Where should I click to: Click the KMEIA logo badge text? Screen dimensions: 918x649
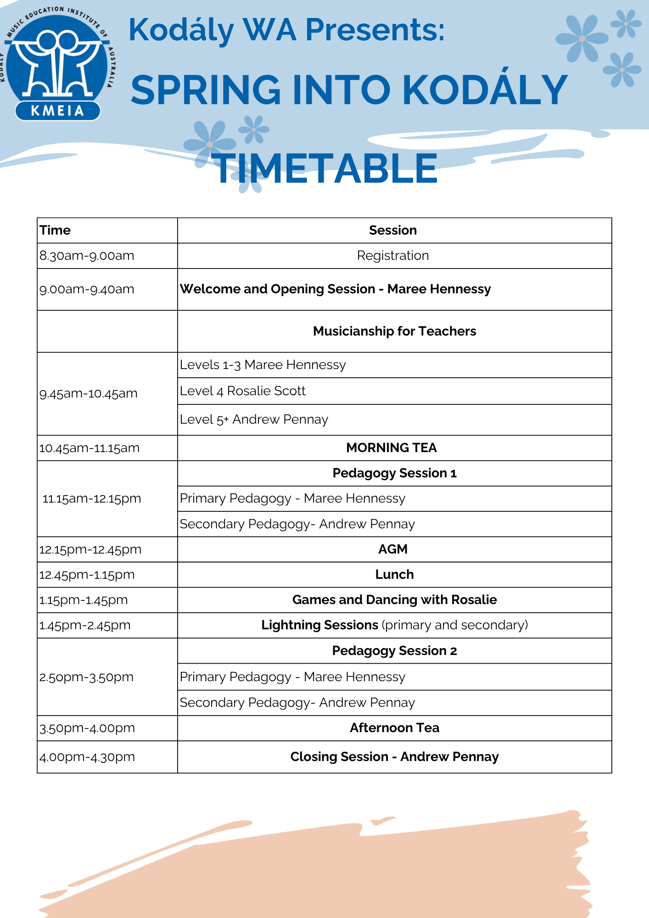pyautogui.click(x=57, y=111)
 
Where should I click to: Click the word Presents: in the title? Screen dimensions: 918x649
pyautogui.click(x=375, y=30)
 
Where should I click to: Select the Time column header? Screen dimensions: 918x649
pyautogui.click(x=55, y=230)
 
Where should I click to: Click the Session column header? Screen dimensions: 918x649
pyautogui.click(x=393, y=230)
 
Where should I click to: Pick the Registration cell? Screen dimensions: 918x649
pyautogui.click(x=393, y=256)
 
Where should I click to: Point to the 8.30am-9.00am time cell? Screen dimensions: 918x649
pyautogui.click(x=87, y=256)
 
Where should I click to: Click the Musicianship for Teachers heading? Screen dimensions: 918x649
pyautogui.click(x=394, y=331)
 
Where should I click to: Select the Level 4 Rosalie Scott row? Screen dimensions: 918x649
pyautogui.click(x=242, y=391)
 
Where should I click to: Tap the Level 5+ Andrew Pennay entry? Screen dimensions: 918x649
pyautogui.click(x=254, y=420)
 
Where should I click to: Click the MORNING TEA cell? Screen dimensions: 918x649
pyautogui.click(x=392, y=448)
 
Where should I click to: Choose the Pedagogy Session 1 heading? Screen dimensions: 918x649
pyautogui.click(x=394, y=473)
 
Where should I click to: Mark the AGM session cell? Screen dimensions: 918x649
pyautogui.click(x=393, y=549)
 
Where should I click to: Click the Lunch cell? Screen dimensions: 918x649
pyautogui.click(x=394, y=575)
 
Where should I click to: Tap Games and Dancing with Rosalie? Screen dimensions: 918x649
pyautogui.click(x=394, y=600)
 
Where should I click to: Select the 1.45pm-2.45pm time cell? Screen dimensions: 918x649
pyautogui.click(x=85, y=626)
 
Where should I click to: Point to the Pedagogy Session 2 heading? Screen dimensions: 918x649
pyautogui.click(x=394, y=651)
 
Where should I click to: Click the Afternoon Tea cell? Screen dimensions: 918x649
pyautogui.click(x=394, y=728)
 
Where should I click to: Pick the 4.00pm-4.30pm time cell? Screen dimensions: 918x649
pyautogui.click(x=87, y=757)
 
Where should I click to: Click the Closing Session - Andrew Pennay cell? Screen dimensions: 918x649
pyautogui.click(x=394, y=757)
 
